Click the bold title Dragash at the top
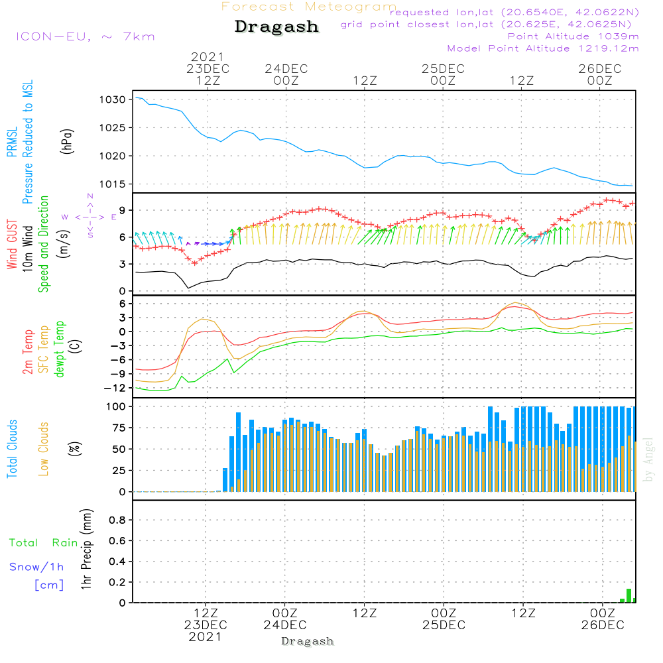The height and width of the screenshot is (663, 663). tap(276, 27)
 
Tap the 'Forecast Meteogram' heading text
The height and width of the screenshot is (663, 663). tap(309, 7)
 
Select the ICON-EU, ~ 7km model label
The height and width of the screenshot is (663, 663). tap(85, 36)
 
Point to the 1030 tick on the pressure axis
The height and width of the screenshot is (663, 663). tap(113, 99)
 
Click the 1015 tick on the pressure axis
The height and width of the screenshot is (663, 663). tap(113, 184)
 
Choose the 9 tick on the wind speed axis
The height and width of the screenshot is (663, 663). tap(123, 210)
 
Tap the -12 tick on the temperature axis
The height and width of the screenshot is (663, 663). tap(118, 388)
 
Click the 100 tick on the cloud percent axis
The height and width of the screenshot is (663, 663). tap(116, 406)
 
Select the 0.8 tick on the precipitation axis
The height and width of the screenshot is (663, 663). tap(117, 520)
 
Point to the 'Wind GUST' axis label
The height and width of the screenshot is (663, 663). tap(12, 245)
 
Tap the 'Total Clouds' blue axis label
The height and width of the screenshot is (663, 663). tap(12, 449)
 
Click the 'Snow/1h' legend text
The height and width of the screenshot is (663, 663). tap(36, 567)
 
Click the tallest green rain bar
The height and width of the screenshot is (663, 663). tap(629, 595)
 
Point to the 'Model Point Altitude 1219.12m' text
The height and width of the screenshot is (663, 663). tap(543, 48)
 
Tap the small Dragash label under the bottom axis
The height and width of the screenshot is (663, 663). tap(308, 641)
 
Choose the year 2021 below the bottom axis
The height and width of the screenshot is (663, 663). tap(206, 636)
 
